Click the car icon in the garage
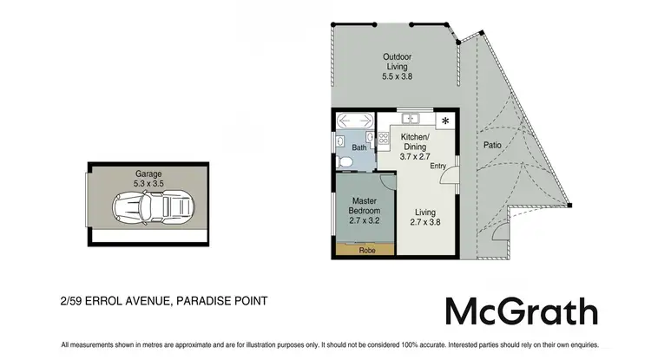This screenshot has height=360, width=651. point(148,206)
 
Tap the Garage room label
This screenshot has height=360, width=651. point(148,173)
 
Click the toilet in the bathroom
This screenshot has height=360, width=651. point(344,162)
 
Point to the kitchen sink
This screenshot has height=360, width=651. point(411,119)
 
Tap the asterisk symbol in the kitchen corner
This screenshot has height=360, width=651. point(445,121)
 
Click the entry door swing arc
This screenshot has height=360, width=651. point(450,177)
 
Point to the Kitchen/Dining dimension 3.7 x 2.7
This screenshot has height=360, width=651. point(415,157)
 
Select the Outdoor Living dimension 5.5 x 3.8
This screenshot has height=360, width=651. point(397,76)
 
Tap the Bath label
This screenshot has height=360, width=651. point(358,147)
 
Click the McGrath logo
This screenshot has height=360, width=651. point(521,311)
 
